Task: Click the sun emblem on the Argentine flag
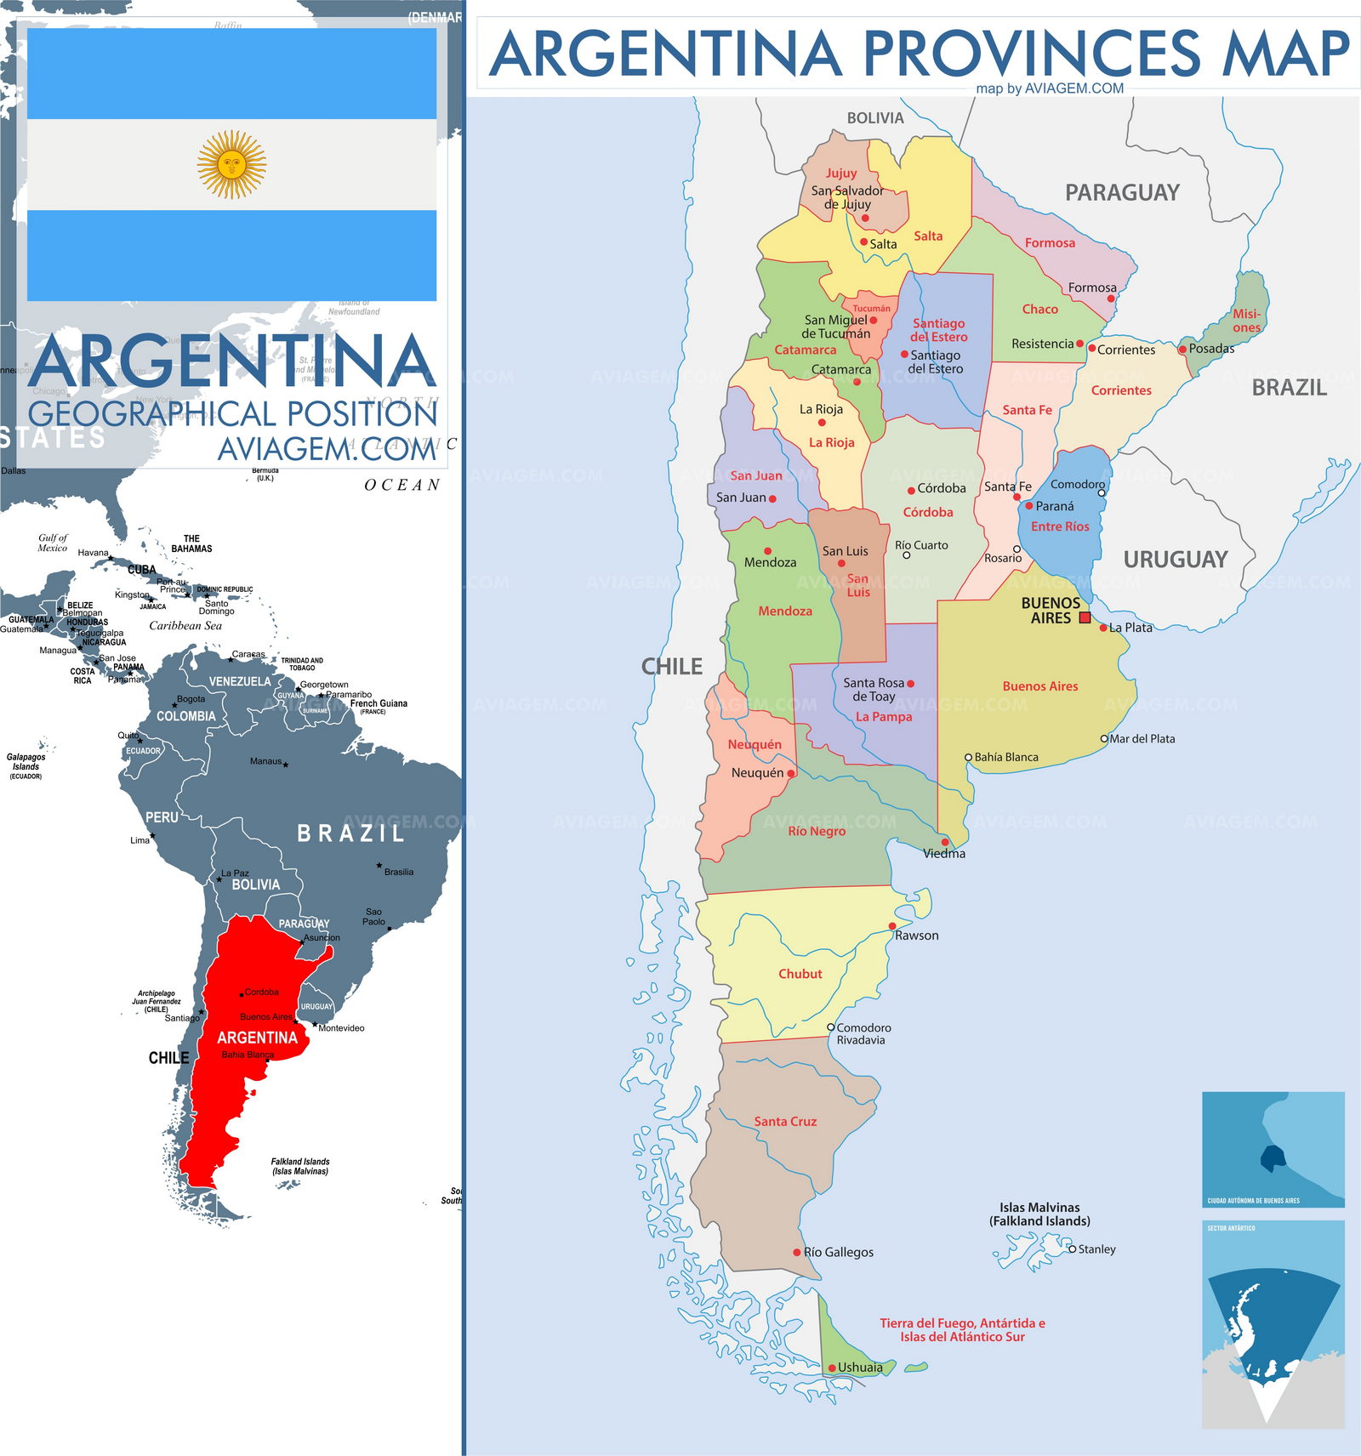(231, 164)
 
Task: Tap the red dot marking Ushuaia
(832, 1368)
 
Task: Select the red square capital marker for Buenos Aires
(1085, 618)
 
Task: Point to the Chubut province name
(800, 974)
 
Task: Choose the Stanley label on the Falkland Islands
(1096, 1249)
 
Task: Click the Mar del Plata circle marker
(1104, 739)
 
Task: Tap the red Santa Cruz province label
(785, 1122)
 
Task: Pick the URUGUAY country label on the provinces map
(1176, 560)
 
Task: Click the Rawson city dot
(892, 926)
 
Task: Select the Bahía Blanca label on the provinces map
(1006, 757)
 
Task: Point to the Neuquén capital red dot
(791, 773)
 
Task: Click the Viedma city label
(944, 854)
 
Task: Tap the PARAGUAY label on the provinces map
(1122, 193)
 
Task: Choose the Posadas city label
(1211, 349)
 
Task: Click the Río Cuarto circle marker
(907, 555)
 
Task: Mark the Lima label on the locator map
(140, 840)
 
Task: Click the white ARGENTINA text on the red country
(257, 1038)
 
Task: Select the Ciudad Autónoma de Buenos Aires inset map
(1273, 1149)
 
